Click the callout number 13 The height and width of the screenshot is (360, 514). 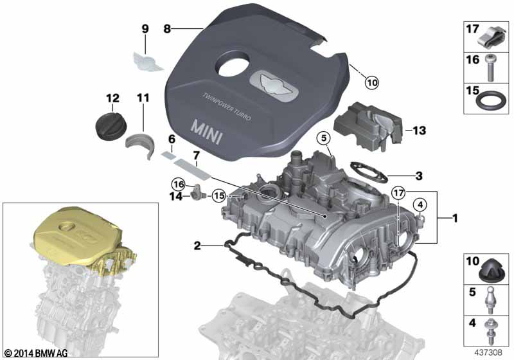point(419,130)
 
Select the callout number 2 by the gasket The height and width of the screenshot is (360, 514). point(197,246)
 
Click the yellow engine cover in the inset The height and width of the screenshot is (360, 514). point(77,236)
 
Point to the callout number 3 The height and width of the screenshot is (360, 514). point(418,175)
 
